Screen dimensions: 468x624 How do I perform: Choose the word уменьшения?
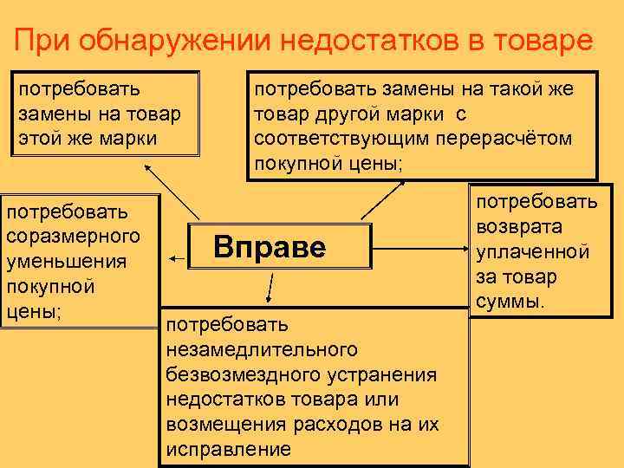(66, 261)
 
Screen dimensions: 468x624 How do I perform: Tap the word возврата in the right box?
(517, 227)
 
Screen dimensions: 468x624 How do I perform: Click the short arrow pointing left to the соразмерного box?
(179, 258)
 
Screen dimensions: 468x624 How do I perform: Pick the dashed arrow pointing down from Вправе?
(271, 287)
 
